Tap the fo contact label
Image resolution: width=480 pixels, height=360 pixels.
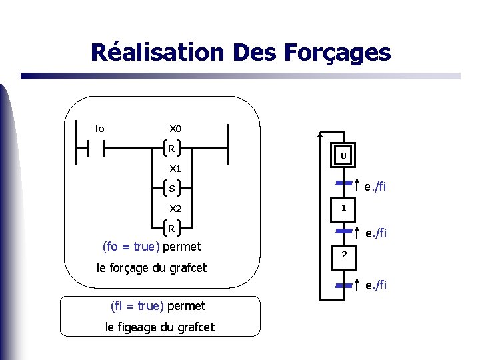point(99,129)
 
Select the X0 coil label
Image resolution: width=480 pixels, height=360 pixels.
point(175,129)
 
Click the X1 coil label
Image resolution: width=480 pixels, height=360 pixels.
point(175,169)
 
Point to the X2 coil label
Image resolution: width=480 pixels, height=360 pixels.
point(175,209)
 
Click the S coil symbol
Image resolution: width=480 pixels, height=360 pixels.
point(172,189)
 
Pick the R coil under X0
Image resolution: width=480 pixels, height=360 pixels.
point(172,149)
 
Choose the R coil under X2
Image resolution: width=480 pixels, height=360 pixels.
point(172,229)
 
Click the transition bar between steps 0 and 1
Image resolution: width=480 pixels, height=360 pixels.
point(343,182)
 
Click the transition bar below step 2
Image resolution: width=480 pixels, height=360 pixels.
point(343,285)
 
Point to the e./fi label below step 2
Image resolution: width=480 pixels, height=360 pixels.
point(376,286)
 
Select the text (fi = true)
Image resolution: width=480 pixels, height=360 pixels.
point(137,306)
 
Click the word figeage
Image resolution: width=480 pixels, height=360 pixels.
point(143,327)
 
